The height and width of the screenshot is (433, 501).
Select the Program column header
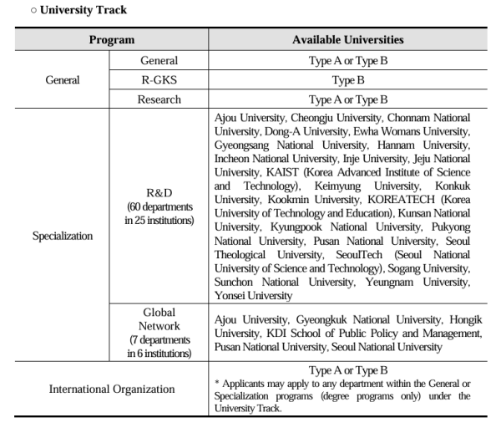[x=112, y=40]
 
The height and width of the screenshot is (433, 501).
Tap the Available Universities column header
[x=347, y=40]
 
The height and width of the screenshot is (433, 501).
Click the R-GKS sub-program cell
[x=159, y=80]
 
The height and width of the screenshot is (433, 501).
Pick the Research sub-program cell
[x=159, y=99]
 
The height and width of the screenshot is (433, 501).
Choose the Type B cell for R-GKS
[x=347, y=80]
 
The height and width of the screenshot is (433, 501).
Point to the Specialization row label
[x=63, y=236]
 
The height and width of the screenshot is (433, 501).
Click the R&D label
[x=159, y=192]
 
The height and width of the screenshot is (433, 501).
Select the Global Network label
[x=159, y=319]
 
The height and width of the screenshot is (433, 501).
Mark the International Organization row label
[x=112, y=389]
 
